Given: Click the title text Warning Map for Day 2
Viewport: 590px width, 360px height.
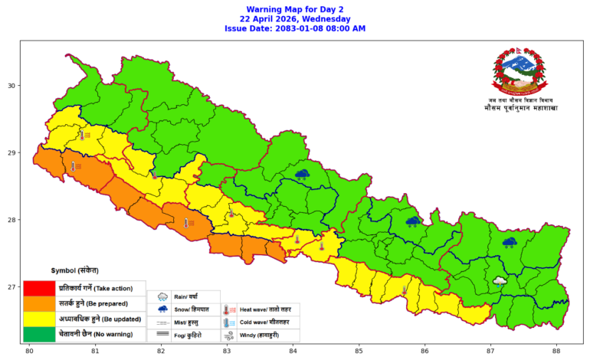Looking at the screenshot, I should (294, 8).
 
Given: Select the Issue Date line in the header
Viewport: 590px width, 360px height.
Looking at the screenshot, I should (294, 28).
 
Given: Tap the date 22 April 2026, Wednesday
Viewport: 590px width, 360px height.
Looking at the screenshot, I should (294, 18).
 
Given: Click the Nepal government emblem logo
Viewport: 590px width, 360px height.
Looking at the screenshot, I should (520, 72).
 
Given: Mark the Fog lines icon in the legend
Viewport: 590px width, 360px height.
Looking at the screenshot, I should (162, 335).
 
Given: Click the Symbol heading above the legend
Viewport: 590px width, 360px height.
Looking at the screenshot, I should (74, 271).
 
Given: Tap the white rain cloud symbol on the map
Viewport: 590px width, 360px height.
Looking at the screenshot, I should (500, 281).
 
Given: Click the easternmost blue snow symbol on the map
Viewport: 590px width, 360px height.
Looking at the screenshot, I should (510, 242).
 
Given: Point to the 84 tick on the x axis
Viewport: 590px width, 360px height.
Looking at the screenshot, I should (293, 352).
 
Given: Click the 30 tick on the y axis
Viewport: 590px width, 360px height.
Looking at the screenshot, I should (13, 86).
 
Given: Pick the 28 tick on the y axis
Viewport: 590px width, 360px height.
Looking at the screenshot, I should (13, 221).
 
